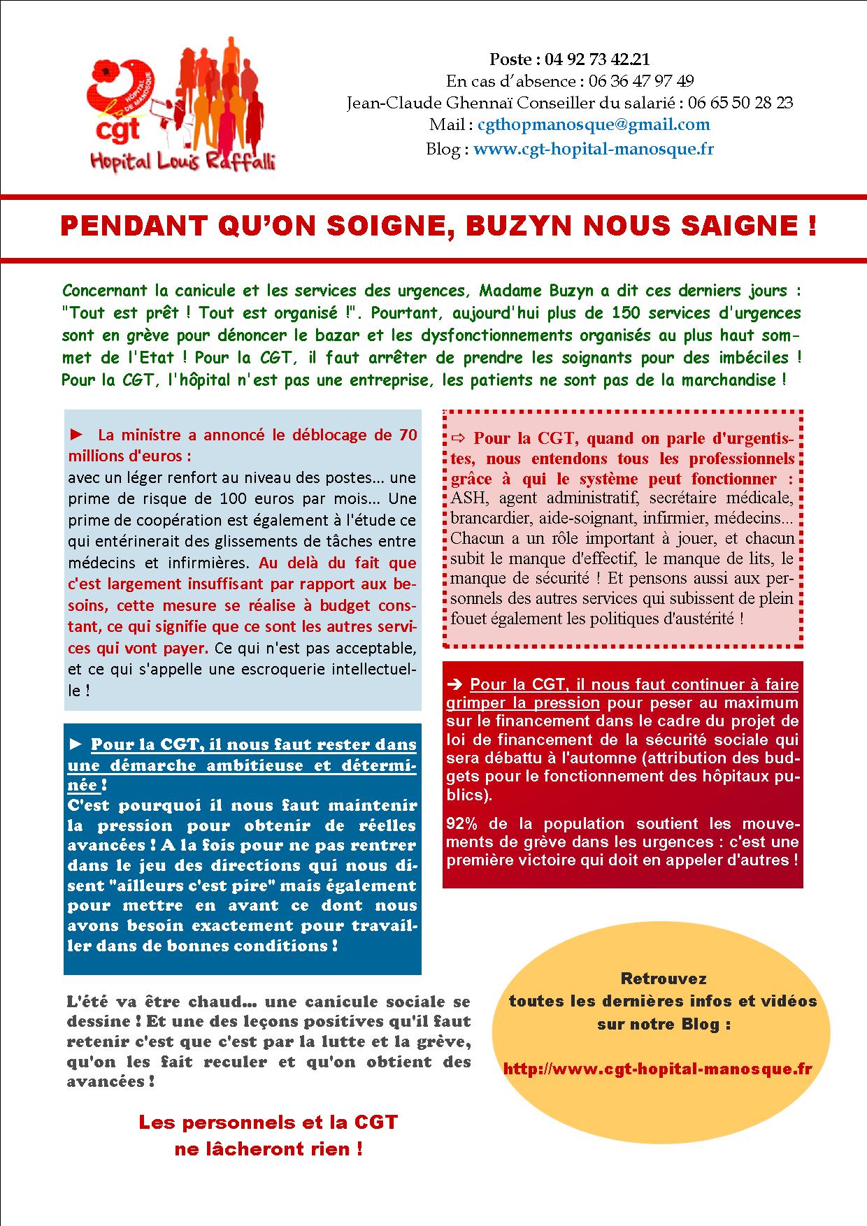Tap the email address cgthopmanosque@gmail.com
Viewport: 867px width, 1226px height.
point(593,125)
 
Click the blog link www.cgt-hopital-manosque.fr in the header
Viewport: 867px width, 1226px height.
point(594,149)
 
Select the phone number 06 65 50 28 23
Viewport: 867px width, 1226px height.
point(740,103)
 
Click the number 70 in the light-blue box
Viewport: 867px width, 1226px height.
point(408,435)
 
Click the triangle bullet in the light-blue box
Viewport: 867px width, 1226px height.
point(77,435)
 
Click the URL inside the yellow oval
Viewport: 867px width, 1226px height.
point(657,1069)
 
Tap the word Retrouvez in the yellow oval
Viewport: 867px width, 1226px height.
point(663,979)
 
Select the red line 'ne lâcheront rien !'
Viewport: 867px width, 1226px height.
point(268,1149)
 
